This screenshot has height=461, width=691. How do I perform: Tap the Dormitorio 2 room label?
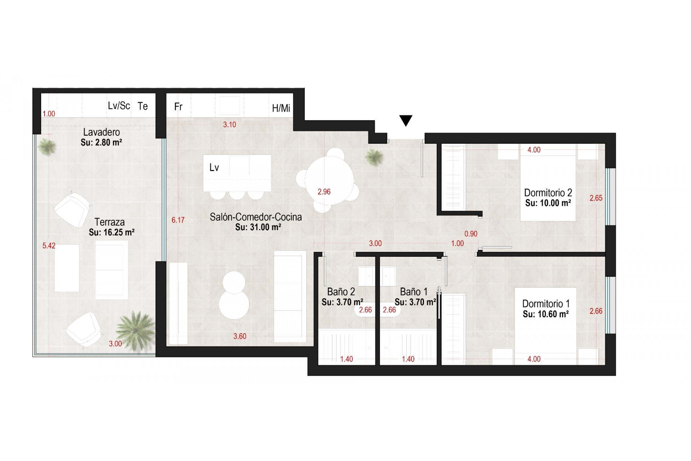click(548, 193)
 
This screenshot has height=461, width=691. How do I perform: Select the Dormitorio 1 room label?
click(546, 304)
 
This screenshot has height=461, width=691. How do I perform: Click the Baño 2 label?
click(341, 291)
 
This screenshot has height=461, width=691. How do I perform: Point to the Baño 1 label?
click(414, 291)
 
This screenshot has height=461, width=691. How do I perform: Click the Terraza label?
click(109, 222)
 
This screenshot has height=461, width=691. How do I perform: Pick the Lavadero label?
click(101, 132)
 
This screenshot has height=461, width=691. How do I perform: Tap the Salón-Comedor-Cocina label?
click(256, 217)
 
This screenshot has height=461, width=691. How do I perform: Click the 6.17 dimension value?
click(178, 220)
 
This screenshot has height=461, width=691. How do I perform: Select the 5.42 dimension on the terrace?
click(49, 246)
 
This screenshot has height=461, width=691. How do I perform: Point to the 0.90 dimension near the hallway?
click(471, 234)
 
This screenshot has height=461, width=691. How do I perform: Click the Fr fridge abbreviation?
click(178, 107)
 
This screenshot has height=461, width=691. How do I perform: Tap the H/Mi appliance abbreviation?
click(281, 108)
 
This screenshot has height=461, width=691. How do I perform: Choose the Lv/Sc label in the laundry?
click(119, 106)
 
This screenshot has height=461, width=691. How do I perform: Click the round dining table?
click(329, 180)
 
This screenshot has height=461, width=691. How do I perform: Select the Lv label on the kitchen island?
click(214, 167)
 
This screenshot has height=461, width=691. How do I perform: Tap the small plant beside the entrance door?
click(374, 157)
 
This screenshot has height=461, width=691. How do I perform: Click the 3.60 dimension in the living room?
click(240, 336)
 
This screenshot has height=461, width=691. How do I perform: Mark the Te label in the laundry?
click(143, 106)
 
